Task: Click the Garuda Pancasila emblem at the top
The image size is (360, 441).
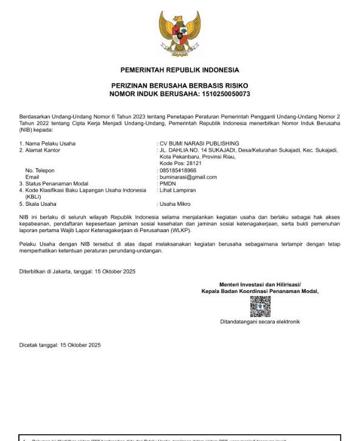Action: (x=180, y=34)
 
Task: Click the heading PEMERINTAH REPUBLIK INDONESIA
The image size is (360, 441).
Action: (x=180, y=70)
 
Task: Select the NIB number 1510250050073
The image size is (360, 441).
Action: (x=221, y=94)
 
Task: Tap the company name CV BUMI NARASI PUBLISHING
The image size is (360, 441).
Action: (x=199, y=143)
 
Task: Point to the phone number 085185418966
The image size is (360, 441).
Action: (x=178, y=171)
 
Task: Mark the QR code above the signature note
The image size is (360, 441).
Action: (x=260, y=306)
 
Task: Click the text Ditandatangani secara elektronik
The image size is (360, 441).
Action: (x=260, y=322)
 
